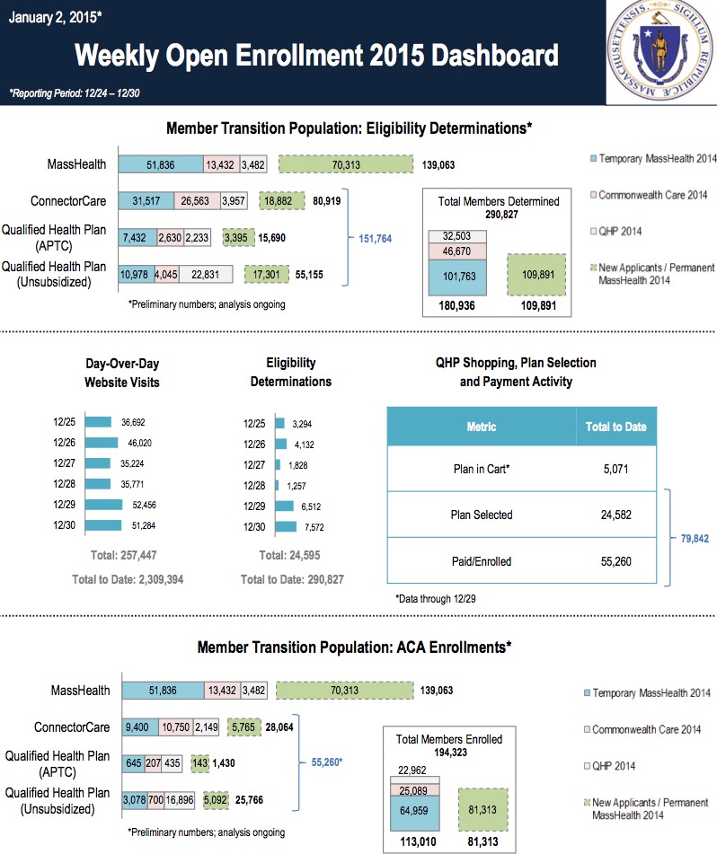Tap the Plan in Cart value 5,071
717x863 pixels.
(x=615, y=468)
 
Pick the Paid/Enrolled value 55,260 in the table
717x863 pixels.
(x=615, y=561)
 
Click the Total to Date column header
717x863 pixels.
(x=615, y=427)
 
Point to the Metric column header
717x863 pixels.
(x=482, y=427)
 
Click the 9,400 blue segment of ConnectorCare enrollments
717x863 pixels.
(x=137, y=727)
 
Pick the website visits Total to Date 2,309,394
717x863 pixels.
(x=128, y=579)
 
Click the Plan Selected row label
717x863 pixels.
(x=482, y=515)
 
